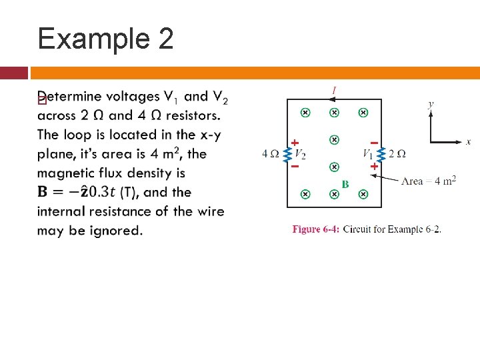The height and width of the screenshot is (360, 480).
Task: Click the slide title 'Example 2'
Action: coord(105,38)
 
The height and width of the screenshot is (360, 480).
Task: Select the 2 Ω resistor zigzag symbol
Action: coord(381,154)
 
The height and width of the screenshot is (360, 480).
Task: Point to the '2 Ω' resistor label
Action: coord(397,154)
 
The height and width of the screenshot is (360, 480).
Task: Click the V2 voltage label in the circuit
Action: coord(301,155)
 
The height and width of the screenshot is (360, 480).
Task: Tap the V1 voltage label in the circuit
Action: coord(368,155)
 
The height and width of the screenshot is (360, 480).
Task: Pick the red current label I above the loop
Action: coord(334,90)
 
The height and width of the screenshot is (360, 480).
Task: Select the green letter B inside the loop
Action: coord(345,183)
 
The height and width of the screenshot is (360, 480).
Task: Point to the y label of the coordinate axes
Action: coord(431,104)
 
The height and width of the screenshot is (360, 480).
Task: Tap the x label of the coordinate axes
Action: coord(468,141)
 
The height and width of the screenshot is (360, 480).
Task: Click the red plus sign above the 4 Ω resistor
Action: coord(294,142)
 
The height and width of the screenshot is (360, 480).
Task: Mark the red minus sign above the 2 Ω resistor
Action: coord(374,142)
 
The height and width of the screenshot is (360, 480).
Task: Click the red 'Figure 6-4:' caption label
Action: coord(316,229)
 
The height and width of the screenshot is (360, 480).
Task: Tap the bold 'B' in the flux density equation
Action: coord(43,192)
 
